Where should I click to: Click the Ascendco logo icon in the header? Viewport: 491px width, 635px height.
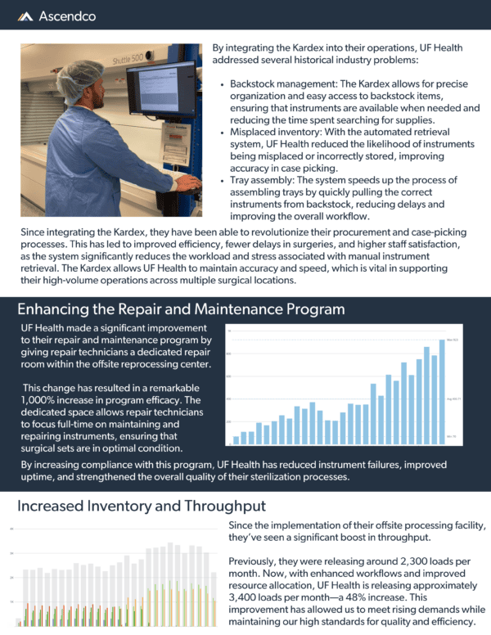25,16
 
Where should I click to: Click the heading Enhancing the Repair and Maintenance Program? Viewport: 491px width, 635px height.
181,309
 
